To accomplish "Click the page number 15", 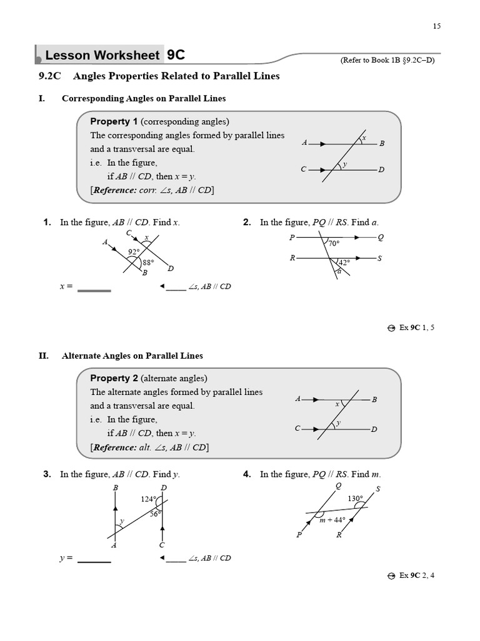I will click(x=436, y=26).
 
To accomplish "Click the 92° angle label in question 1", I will click(x=133, y=252).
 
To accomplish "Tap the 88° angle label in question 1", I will click(x=147, y=263).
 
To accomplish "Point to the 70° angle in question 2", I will click(x=334, y=244).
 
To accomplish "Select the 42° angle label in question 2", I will click(x=344, y=263).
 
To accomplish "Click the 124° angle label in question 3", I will click(x=148, y=499).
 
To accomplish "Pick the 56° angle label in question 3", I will click(x=155, y=513).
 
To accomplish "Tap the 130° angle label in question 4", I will click(x=356, y=499).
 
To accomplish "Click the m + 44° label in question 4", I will click(x=332, y=520).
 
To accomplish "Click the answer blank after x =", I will click(x=94, y=288).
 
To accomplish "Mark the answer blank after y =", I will click(x=94, y=558).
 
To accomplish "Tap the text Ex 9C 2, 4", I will click(x=416, y=575).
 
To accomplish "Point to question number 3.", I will click(x=47, y=474).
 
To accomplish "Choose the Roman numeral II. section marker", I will click(x=43, y=356).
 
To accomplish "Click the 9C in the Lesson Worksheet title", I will click(x=176, y=55).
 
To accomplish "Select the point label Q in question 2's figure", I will click(x=381, y=237).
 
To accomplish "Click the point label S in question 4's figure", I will click(x=377, y=489).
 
